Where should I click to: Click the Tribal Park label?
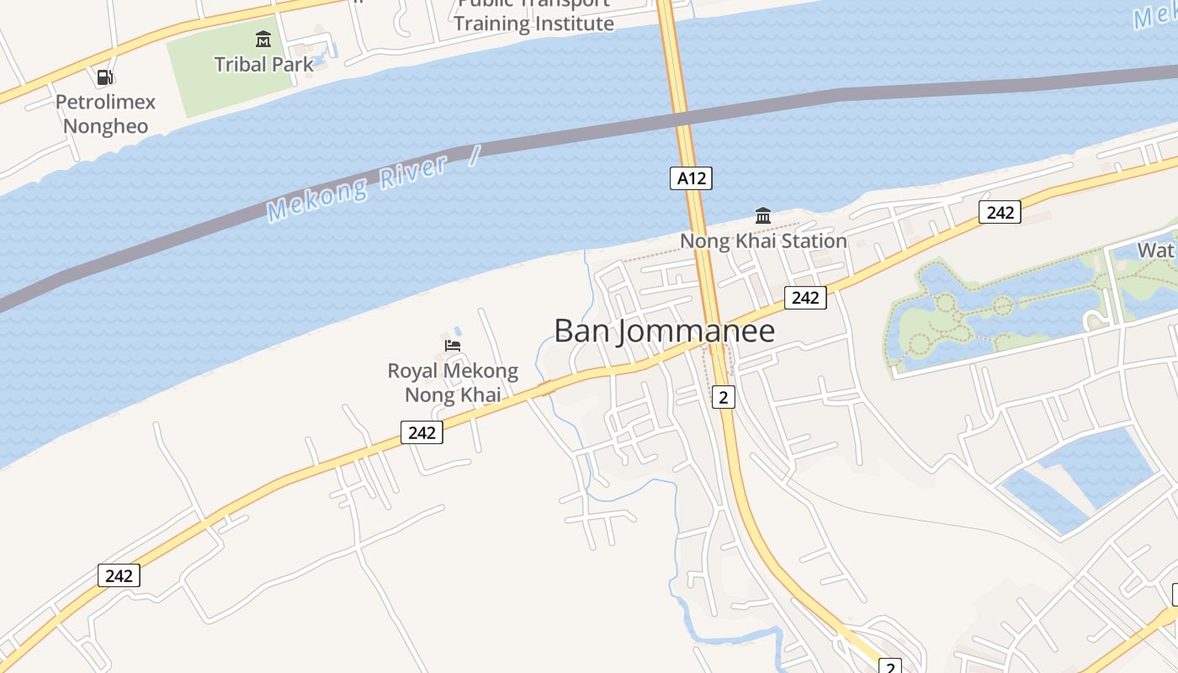[263, 64]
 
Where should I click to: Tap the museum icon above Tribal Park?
[263, 39]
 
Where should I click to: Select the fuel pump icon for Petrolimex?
[105, 77]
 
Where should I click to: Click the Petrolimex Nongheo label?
[106, 114]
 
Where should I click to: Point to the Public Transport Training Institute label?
[534, 15]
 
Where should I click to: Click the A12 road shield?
[691, 178]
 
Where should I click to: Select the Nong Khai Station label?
[763, 241]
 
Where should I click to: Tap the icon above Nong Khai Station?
[763, 216]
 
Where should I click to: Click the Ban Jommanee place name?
[665, 331]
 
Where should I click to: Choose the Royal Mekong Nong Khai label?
[453, 383]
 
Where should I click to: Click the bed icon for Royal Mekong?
[453, 345]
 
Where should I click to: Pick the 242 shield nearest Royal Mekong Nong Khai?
[422, 432]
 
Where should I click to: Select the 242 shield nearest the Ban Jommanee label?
[805, 297]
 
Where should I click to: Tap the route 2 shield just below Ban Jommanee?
[723, 397]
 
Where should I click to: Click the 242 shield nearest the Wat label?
[1000, 212]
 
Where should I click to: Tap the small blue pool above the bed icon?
[457, 329]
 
